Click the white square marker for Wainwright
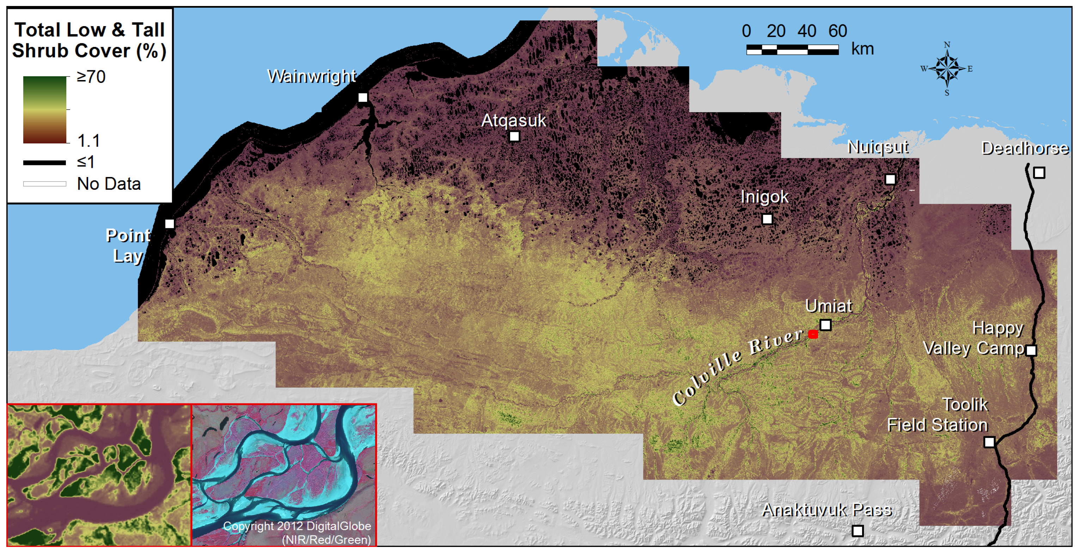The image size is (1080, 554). click(363, 98)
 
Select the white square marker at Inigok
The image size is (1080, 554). click(767, 219)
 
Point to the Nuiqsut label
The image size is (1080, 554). click(878, 147)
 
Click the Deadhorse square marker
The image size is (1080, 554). click(1039, 173)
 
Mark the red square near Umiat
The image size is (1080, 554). click(813, 334)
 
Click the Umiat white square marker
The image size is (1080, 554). click(825, 325)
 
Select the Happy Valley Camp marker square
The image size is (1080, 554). click(1031, 350)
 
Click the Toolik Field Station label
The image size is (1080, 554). click(938, 415)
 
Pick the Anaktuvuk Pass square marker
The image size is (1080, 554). click(858, 531)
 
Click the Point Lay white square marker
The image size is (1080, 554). click(169, 224)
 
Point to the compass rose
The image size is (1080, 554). click(947, 68)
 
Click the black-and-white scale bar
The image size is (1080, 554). click(792, 50)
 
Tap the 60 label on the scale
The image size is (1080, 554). click(838, 31)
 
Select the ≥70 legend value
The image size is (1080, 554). click(91, 77)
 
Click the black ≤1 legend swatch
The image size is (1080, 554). click(44, 163)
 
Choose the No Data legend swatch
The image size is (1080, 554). click(44, 184)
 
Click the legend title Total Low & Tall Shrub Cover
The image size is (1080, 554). click(89, 40)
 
